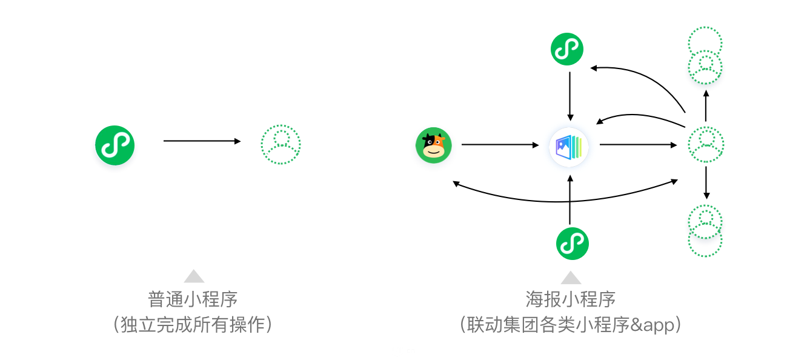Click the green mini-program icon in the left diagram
coord(115,145)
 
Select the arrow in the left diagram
coord(202,141)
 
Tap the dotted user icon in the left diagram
coord(281,145)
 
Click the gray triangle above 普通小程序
coord(194,276)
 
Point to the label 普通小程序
coord(193,299)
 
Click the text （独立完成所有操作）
coord(193,325)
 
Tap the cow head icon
coord(434,145)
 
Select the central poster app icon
coord(570,145)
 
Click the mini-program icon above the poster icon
coord(567,49)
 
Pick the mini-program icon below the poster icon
coord(573,243)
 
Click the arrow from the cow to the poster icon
coord(500,145)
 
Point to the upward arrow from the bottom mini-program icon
coord(570,200)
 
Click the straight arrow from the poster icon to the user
coord(638,145)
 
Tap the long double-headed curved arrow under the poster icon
coord(566,200)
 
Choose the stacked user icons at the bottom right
coord(705,230)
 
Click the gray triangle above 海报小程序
coord(571,278)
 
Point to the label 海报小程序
coord(571,299)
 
